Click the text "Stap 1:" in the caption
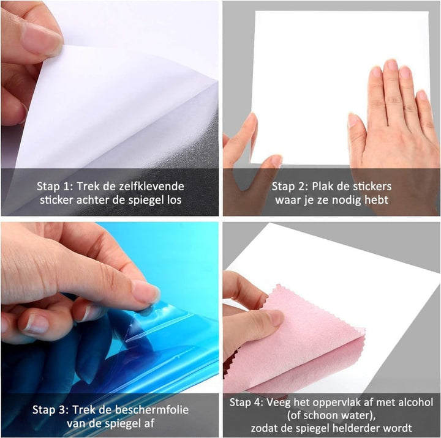click(55, 187)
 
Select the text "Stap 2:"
click(290, 187)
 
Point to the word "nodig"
click(347, 200)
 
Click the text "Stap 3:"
click(51, 410)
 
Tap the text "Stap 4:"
click(246, 403)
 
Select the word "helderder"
click(353, 428)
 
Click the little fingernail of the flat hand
click(421, 95)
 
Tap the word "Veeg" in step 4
click(279, 403)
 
